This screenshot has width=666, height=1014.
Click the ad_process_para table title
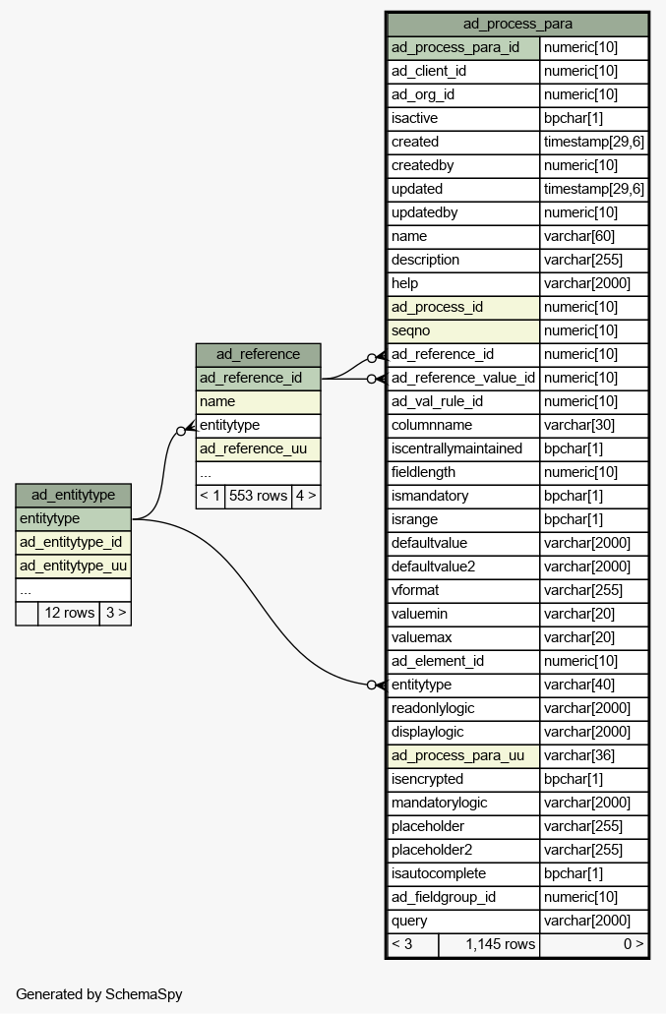(x=517, y=24)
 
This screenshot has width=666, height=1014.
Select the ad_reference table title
(x=258, y=354)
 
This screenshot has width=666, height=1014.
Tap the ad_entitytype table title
(x=73, y=495)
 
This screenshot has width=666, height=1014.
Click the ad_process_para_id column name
(x=455, y=47)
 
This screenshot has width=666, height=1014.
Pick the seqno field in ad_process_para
(x=410, y=330)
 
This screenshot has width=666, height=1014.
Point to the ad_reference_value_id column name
(x=463, y=378)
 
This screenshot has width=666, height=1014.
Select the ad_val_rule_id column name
(x=437, y=401)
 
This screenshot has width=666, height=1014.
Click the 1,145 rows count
(x=501, y=944)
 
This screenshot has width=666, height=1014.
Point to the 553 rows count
(x=258, y=496)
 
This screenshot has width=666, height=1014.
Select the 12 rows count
(x=69, y=613)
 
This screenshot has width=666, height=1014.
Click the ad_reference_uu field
(x=254, y=448)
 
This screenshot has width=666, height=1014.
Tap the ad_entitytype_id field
(x=71, y=542)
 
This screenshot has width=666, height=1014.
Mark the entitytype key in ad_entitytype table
(x=50, y=518)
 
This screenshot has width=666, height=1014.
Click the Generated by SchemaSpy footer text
(x=99, y=994)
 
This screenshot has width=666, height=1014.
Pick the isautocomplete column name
(x=439, y=873)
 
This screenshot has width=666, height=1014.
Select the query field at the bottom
(x=409, y=921)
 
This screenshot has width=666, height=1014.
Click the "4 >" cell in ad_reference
(x=306, y=496)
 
